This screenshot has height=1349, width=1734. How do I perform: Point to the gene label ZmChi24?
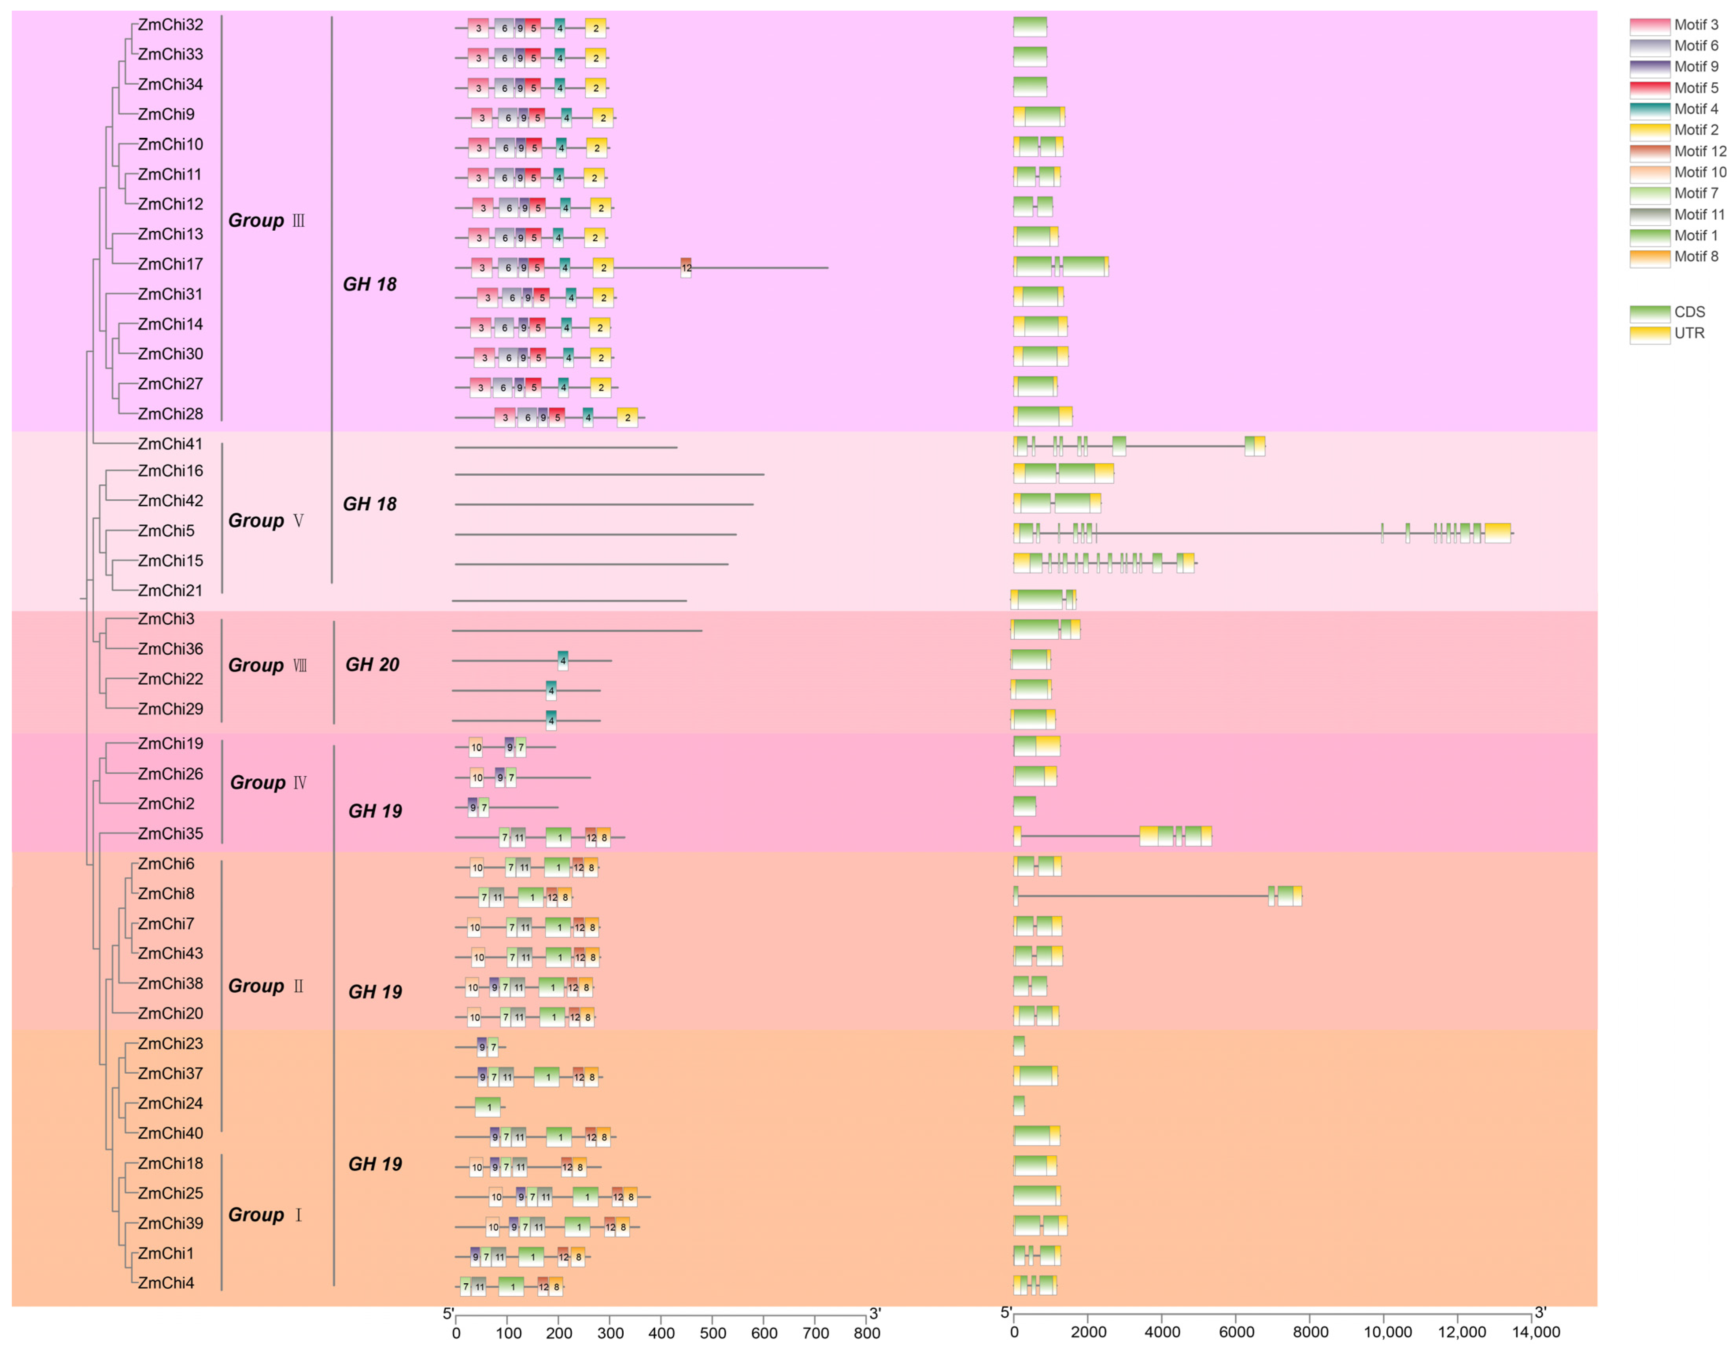coord(170,1104)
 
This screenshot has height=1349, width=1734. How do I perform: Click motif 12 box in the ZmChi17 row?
coord(686,268)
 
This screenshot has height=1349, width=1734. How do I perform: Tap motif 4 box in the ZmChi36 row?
coord(563,661)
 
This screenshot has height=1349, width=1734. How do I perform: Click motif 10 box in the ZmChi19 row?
coord(476,747)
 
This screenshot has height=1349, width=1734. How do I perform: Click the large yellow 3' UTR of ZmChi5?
coord(1497,534)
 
